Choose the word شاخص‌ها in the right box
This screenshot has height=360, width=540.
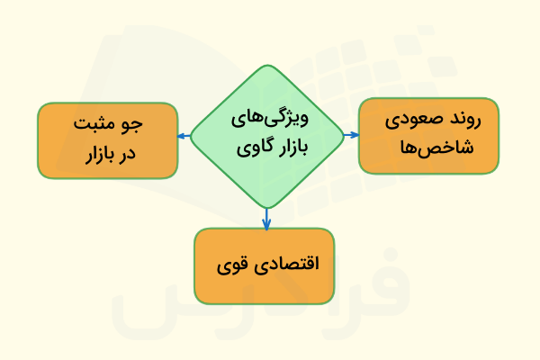[428, 148]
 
